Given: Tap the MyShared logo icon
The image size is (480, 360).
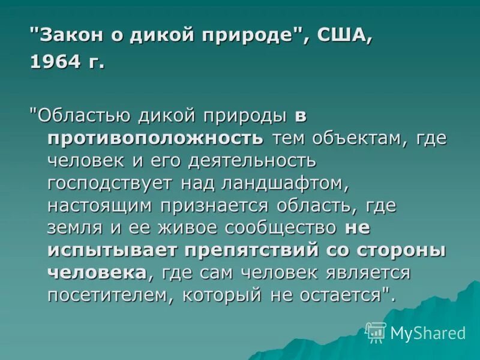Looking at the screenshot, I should click(376, 332).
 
